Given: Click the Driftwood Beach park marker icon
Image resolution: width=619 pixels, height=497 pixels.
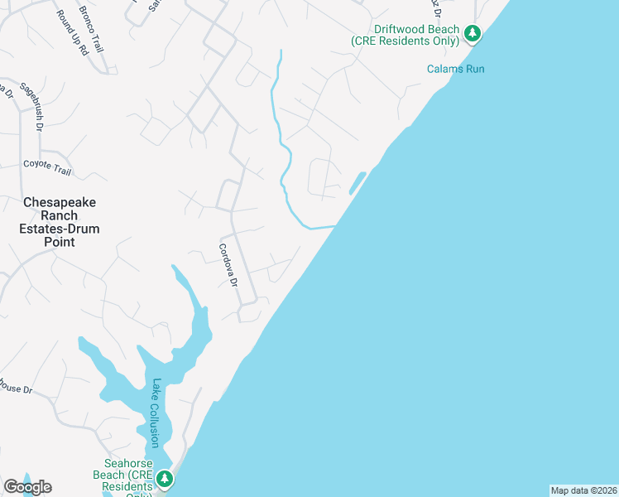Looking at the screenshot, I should coord(472,34).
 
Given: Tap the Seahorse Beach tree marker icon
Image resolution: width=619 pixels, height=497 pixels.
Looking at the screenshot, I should coord(165,479).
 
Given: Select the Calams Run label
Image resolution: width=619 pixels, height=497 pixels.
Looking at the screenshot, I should coord(455,69).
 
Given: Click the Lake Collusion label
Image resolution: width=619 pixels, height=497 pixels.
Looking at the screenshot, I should coord(155,413).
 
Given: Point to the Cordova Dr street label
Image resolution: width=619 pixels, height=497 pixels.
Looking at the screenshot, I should coord(228,265).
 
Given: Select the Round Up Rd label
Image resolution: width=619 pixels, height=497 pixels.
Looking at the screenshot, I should coord(72,33).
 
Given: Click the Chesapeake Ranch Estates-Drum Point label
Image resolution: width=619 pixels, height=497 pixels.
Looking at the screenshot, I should coord(60,222).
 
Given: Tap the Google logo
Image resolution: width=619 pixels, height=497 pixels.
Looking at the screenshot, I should coord(27,486).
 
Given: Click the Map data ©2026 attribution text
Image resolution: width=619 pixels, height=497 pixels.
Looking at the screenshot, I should coord(583,490).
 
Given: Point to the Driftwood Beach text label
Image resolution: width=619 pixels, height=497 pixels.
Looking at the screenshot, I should coord(405,35).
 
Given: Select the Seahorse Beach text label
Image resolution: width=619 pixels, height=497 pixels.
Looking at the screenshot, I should coord(126,475).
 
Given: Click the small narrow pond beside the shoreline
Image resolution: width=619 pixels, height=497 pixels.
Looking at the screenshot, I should coord(357,182).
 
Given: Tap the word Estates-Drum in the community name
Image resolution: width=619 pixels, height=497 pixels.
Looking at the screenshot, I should coord(60,229).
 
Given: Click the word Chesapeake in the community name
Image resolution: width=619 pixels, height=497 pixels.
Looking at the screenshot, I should coord(60,202).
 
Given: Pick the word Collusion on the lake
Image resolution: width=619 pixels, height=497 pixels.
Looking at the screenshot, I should coord(154,426).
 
